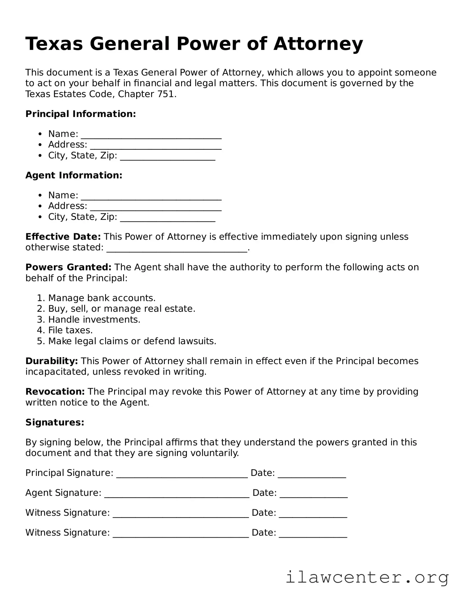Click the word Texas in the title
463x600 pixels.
(54, 44)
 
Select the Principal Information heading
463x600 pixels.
(80, 114)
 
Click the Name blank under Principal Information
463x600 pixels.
(151, 135)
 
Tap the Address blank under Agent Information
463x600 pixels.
(156, 207)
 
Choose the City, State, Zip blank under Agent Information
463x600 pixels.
(167, 218)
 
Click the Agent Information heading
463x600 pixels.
(74, 175)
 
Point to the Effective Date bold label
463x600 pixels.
(63, 237)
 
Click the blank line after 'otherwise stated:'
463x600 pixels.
(177, 249)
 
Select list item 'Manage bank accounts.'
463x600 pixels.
(102, 298)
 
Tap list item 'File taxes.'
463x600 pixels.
(70, 330)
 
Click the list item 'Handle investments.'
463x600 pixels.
(94, 320)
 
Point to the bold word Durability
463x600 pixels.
(52, 361)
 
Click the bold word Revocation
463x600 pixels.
(55, 391)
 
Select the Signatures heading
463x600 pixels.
(55, 422)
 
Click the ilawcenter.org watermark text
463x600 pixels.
(367, 577)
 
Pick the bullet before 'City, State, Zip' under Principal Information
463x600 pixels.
(40, 155)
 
